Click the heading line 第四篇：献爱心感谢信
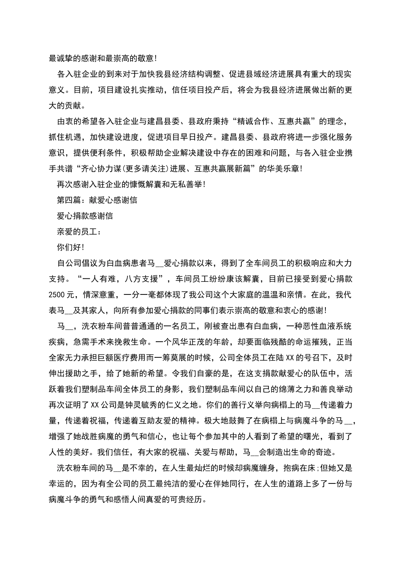click(97, 200)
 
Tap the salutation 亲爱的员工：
click(79, 231)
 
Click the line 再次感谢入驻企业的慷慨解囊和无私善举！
click(131, 184)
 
